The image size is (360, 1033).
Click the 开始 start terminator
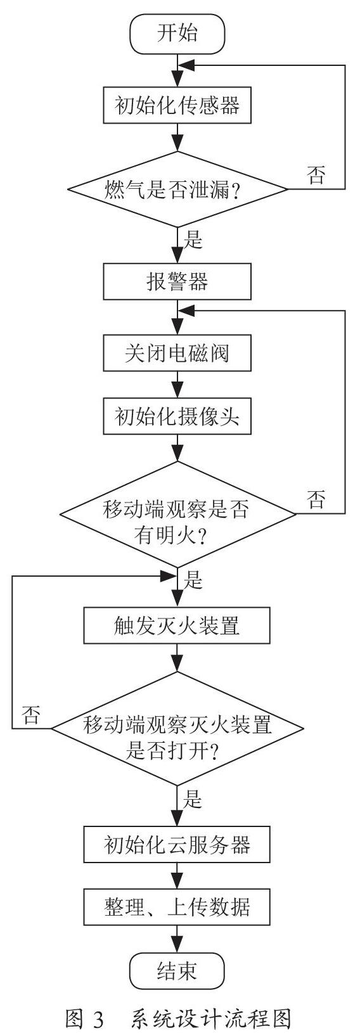tap(177, 34)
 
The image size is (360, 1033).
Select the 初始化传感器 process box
tap(177, 106)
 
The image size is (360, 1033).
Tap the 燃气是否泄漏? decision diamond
tap(177, 189)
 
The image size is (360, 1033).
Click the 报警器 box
tap(177, 281)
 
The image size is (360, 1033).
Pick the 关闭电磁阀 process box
tap(177, 353)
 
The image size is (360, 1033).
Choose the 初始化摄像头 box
tap(177, 416)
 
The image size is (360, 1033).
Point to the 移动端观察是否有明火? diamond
tap(177, 514)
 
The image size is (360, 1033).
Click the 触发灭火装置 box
tap(177, 626)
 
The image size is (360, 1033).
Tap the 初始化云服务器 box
tap(177, 845)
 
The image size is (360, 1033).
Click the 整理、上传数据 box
tap(177, 907)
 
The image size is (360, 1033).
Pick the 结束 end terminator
tap(177, 970)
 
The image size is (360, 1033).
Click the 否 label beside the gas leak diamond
tap(316, 175)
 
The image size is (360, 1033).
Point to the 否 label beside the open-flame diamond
tap(316, 499)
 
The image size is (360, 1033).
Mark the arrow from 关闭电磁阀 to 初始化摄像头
tap(177, 385)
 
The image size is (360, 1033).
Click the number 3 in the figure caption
tap(98, 1019)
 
